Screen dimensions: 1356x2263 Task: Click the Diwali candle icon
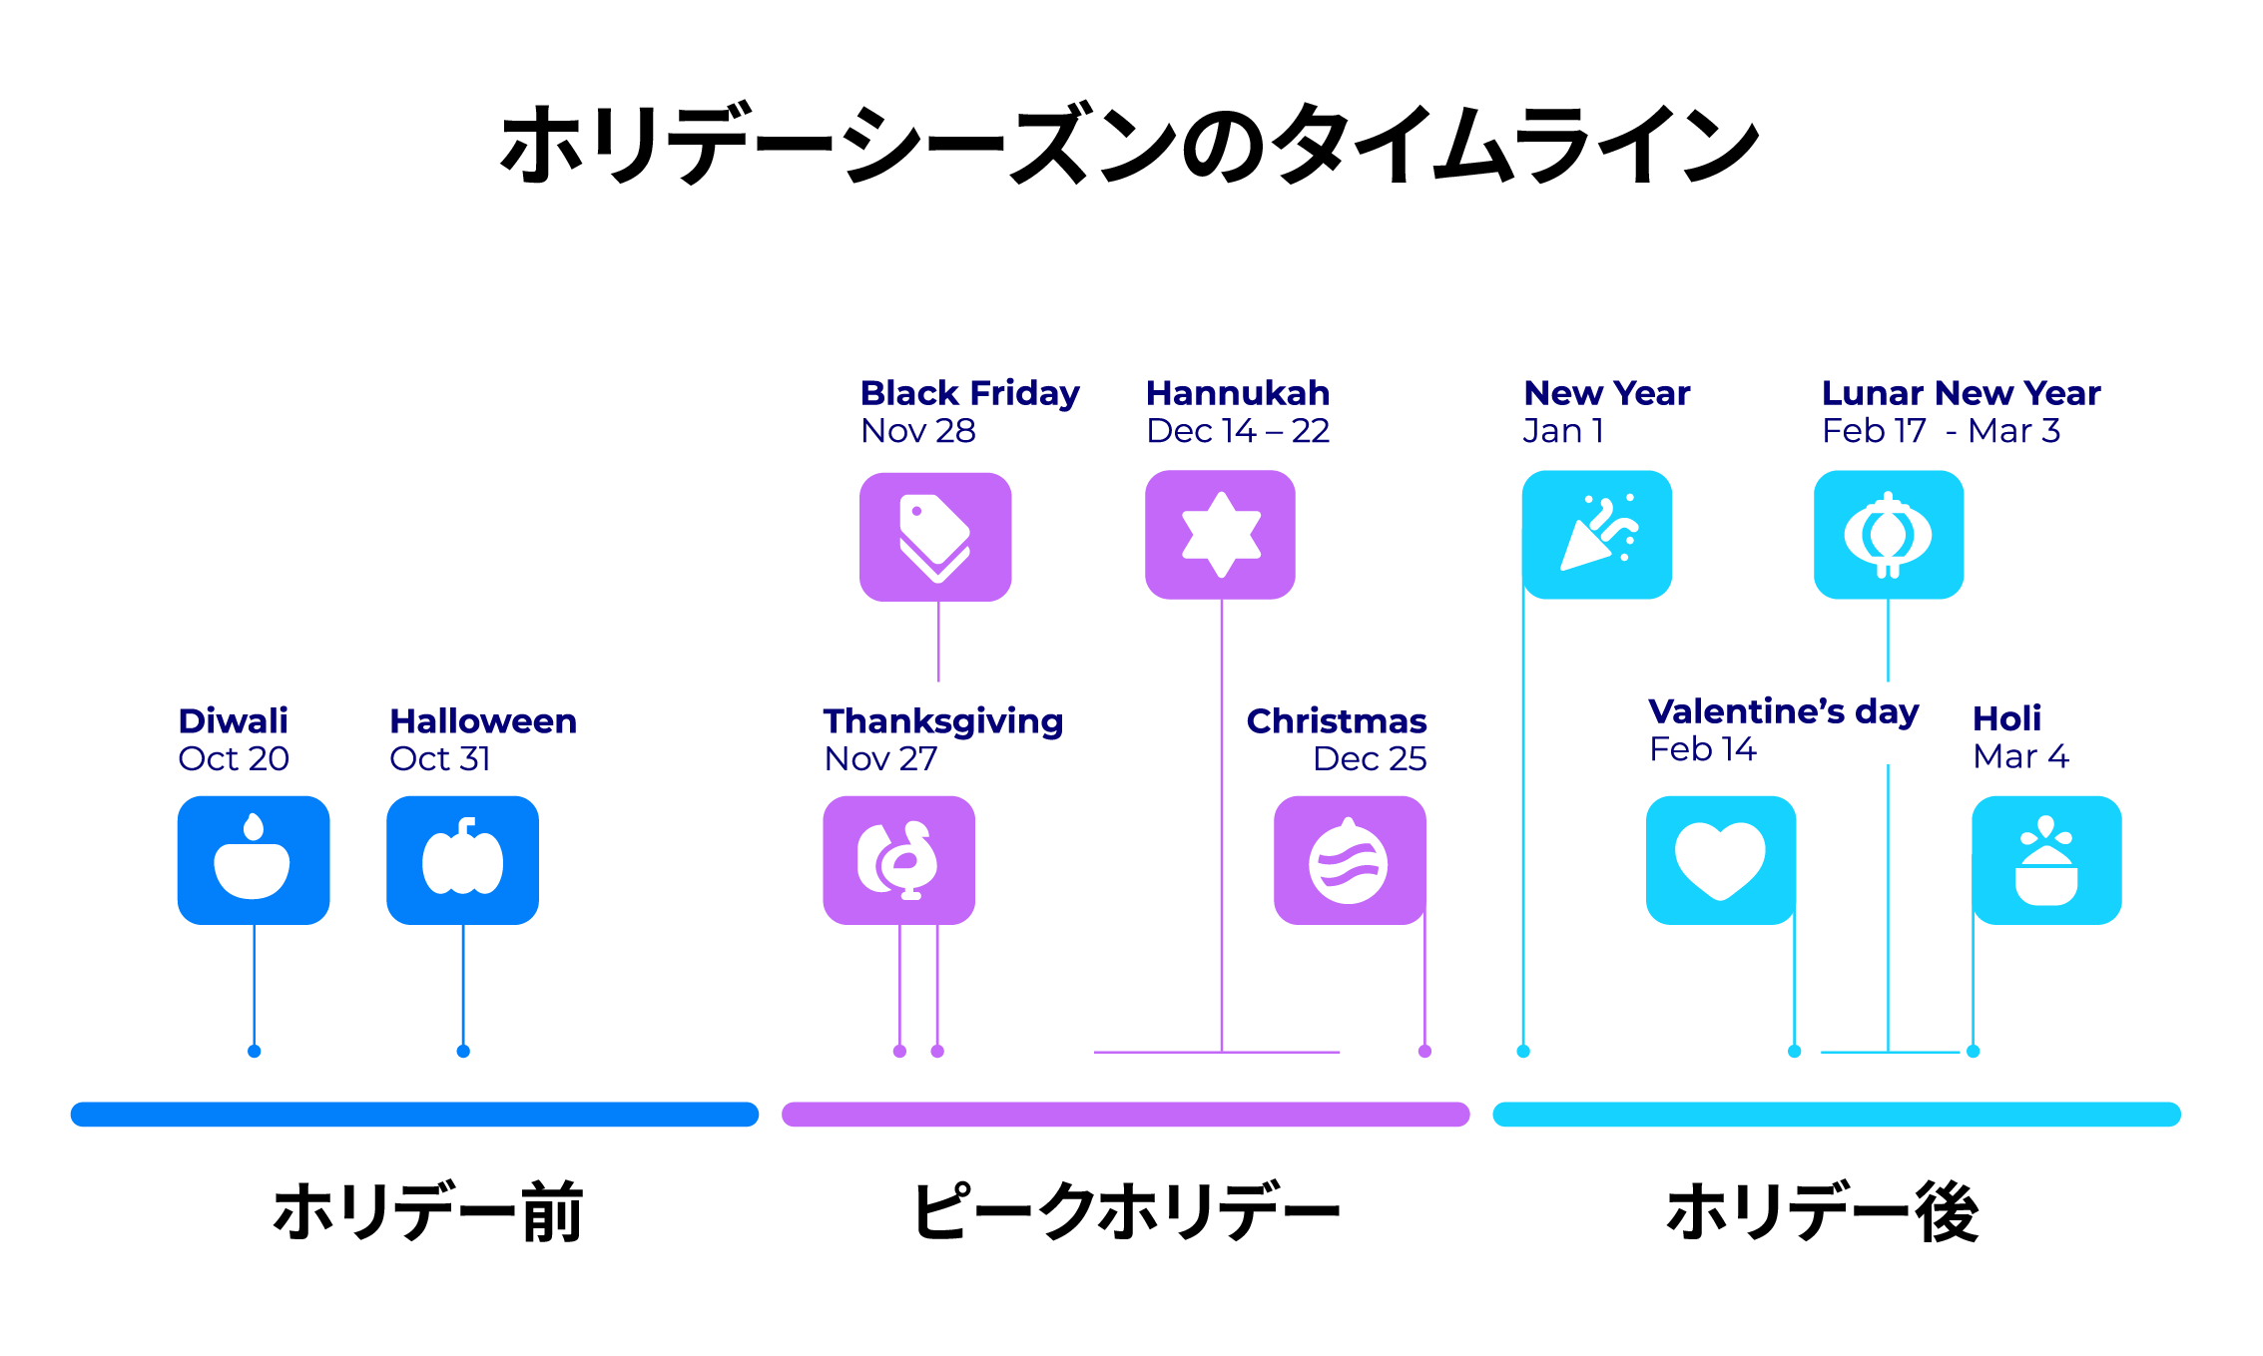click(x=254, y=860)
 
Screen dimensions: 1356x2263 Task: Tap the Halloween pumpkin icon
click(x=462, y=860)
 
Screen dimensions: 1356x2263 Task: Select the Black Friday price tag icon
click(x=935, y=537)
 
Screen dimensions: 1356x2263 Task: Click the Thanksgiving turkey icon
click(x=898, y=860)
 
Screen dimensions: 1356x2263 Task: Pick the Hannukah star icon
click(x=1220, y=535)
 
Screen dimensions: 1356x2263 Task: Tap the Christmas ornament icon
click(x=1350, y=860)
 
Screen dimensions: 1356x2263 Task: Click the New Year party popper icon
click(x=1596, y=535)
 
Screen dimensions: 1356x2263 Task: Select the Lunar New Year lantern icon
click(x=1888, y=535)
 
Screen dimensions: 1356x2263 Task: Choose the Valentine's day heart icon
click(x=1720, y=860)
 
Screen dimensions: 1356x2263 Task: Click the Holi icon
click(x=2046, y=860)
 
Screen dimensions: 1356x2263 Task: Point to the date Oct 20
click(x=234, y=759)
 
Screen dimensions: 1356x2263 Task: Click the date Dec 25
click(x=1370, y=759)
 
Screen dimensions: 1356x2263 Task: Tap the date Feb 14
click(x=1702, y=749)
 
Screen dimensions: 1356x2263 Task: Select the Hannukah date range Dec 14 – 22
click(x=1238, y=431)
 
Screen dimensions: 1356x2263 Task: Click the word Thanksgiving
click(x=943, y=720)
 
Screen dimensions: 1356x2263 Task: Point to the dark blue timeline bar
click(x=414, y=1115)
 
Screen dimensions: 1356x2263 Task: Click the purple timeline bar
click(x=1125, y=1115)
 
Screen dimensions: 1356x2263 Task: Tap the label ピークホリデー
click(x=1126, y=1211)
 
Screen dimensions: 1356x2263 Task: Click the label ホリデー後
click(x=1822, y=1211)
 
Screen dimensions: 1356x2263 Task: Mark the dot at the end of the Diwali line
click(x=255, y=1051)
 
